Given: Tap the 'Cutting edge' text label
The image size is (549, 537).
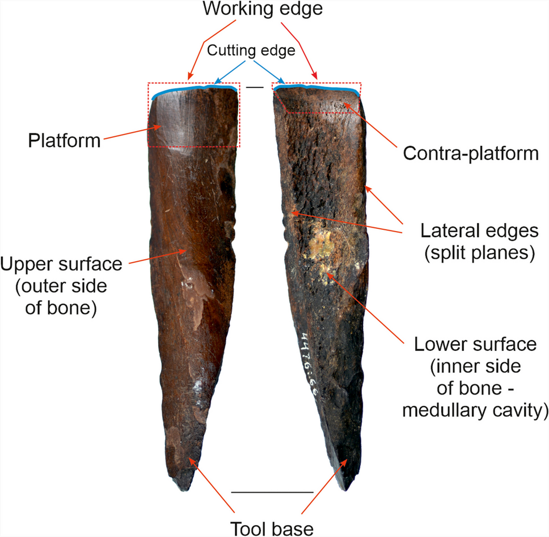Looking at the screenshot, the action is coord(251,51).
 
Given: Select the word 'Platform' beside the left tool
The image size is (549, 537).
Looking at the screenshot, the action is coord(64,140).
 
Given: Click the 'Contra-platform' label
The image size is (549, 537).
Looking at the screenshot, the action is coord(470,153).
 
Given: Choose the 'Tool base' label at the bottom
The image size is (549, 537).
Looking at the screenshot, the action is coord(272,527).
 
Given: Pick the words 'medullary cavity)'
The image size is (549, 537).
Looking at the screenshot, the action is coord(475,410).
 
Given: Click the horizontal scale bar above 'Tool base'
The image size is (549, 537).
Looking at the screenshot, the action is coord(272,492).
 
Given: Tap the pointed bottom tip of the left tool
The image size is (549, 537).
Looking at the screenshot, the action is coord(187,489).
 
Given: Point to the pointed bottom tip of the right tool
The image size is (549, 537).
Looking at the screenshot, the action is coord(345,488).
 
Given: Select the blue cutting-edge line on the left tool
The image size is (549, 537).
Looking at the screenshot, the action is coord(193,89).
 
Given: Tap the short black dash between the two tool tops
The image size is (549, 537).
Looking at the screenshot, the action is coord(255,87).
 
